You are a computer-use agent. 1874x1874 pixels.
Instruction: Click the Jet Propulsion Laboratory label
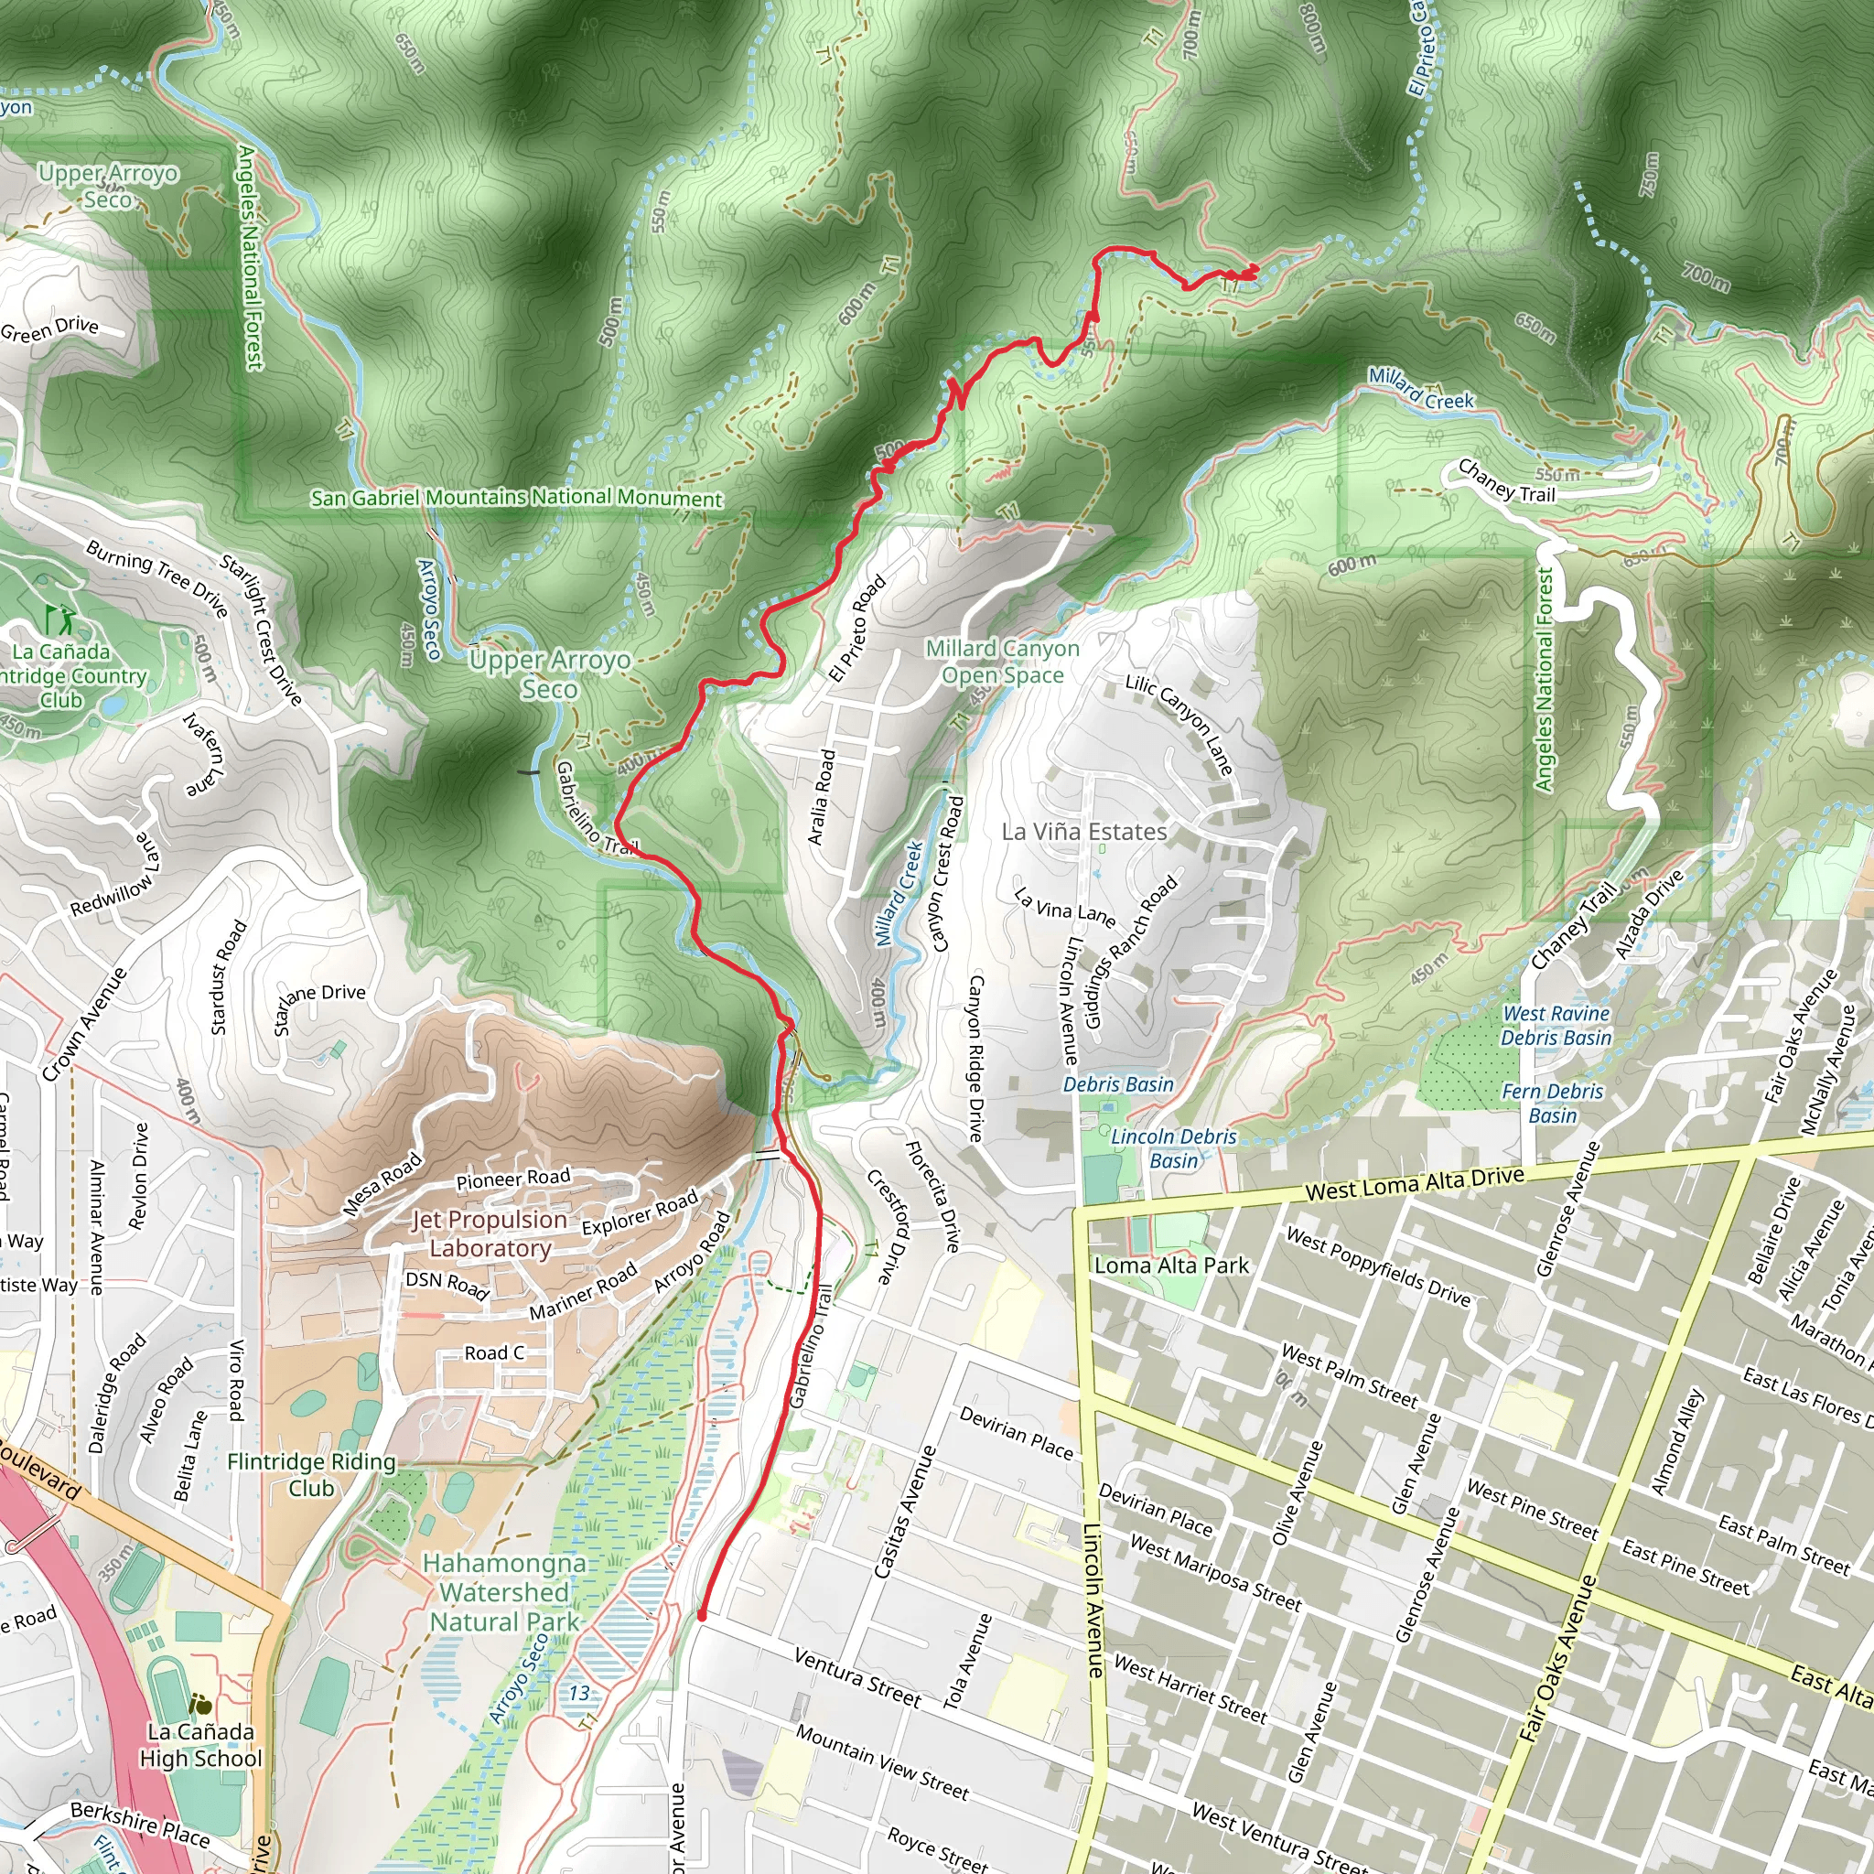point(490,1233)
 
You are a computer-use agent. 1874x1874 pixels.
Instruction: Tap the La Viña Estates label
point(1083,831)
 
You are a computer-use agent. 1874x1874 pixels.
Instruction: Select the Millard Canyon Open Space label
point(1002,662)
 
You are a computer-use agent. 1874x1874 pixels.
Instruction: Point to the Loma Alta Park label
point(1170,1265)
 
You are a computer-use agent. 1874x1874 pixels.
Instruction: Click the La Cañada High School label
point(200,1745)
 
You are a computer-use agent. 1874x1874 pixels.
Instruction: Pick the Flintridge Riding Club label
point(311,1474)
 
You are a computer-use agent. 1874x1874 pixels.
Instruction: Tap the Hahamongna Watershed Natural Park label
point(504,1593)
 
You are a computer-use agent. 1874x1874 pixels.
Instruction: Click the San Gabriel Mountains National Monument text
point(516,498)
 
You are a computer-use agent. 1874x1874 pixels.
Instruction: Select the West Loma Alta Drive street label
point(1415,1183)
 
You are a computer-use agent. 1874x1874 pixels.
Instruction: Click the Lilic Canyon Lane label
point(1179,724)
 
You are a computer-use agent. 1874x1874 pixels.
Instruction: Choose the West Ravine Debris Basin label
point(1556,1025)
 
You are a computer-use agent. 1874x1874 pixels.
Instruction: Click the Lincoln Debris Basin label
point(1174,1147)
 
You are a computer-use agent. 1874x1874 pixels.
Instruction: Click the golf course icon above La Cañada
point(59,618)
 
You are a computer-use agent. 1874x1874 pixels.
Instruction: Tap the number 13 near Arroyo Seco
point(579,1694)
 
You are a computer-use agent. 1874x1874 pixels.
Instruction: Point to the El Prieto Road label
point(857,629)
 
